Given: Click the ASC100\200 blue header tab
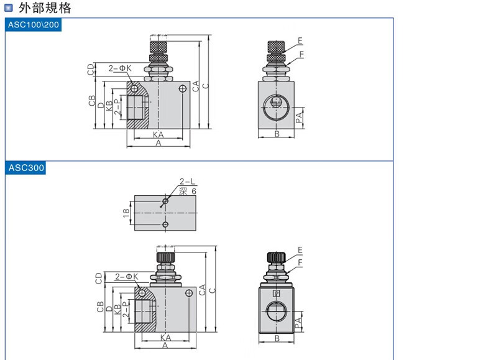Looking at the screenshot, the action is click(x=33, y=25).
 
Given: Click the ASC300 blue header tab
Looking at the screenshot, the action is click(x=25, y=168).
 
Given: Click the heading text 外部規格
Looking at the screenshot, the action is click(x=45, y=7).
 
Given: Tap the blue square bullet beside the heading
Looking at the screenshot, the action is click(x=9, y=8).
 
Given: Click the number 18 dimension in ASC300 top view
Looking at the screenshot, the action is click(x=126, y=213).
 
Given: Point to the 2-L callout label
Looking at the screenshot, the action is click(x=187, y=181).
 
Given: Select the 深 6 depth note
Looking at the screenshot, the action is click(x=188, y=191).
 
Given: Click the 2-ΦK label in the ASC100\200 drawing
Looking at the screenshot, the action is click(x=120, y=68).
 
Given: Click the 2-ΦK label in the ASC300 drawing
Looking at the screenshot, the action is click(x=127, y=276).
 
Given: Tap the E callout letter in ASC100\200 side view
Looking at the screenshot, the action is click(x=300, y=41).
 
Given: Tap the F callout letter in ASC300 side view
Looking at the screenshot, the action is click(x=300, y=262).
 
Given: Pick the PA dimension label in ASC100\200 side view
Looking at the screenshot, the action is click(x=299, y=118).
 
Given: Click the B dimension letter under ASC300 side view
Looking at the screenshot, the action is click(x=277, y=338).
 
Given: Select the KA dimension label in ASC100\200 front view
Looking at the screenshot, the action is click(x=158, y=135).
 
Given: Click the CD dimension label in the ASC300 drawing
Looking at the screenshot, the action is click(x=99, y=278).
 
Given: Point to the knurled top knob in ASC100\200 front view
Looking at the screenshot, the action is click(x=158, y=47).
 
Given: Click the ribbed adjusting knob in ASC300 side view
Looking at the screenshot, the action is click(x=276, y=257).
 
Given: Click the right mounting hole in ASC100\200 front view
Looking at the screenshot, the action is click(x=183, y=89).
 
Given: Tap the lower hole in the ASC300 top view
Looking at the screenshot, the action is click(x=165, y=224).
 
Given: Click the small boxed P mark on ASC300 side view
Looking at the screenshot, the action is click(x=277, y=293).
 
